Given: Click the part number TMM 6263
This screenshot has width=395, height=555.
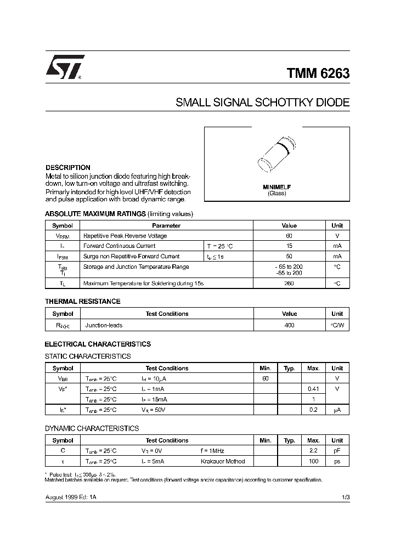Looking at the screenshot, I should pos(318,73).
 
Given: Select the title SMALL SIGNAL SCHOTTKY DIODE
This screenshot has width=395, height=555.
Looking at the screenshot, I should pos(262,103).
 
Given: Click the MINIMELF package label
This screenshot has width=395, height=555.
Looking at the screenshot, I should pos(277,187).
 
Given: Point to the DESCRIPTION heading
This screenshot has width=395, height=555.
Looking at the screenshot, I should pos(68,167).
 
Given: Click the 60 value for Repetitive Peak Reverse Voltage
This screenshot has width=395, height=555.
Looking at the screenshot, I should pos(289,236).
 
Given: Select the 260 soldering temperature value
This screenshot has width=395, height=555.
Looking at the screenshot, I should pos(289,284).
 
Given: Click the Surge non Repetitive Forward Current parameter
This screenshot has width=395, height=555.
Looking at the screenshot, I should pos(131,256).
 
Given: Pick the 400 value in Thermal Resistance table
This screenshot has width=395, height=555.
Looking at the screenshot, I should pos(289,325).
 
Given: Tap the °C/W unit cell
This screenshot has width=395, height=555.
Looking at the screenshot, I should pos(337,325).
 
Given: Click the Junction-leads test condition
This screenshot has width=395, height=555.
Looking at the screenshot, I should pos(104,325).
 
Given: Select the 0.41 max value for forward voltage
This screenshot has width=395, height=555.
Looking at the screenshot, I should pos(313,389).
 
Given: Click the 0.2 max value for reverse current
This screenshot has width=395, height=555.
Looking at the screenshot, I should pos(313,410).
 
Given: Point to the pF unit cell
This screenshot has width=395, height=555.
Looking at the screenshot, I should pos(337,450).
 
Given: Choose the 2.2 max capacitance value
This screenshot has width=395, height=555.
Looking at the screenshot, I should pos(313,450).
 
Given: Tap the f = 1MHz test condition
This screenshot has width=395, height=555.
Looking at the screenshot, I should pos(213,450).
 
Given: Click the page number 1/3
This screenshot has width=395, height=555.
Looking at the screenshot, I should pos(345,496).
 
